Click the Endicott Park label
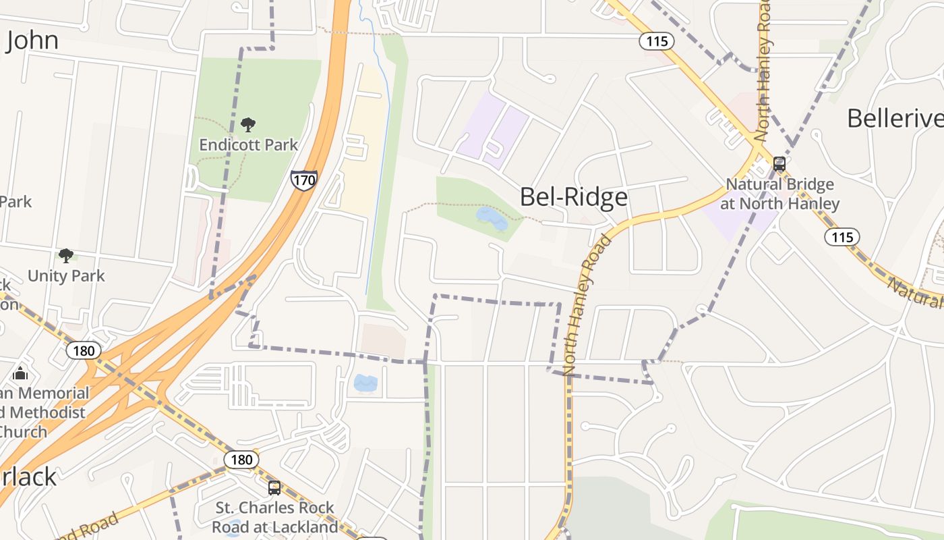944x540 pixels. coord(249,144)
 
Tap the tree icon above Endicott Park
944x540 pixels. coord(248,125)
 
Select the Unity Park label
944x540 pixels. coord(66,275)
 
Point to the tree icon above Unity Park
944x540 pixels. coord(65,256)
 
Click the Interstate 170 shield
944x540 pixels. coord(304,180)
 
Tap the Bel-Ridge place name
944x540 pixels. coord(574,196)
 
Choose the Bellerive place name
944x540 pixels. coord(894,118)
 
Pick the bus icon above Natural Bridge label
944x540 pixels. coord(779,164)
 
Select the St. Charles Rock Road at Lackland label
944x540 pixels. coord(274,516)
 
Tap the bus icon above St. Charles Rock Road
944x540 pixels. coord(274,488)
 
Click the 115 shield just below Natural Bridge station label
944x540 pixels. coord(842,237)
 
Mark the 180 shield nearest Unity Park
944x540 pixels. coord(84,350)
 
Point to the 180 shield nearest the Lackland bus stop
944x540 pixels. coord(241,460)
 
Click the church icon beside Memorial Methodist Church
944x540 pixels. coord(21,373)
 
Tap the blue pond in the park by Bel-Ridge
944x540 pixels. coord(492,217)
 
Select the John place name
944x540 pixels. coord(32,40)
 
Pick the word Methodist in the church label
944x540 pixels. coord(45,412)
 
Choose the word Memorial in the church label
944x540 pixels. coord(54,393)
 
